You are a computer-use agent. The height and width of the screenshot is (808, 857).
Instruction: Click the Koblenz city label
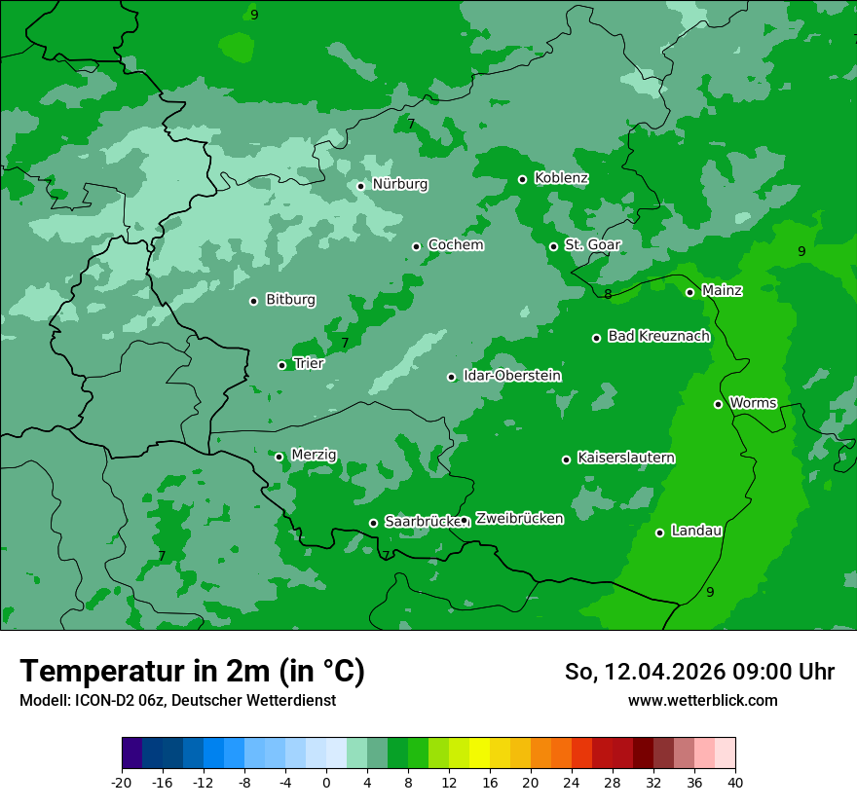pos(561,178)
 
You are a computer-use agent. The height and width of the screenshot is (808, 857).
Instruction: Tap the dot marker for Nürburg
pos(360,186)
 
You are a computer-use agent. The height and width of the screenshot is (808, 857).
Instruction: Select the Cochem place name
pos(455,245)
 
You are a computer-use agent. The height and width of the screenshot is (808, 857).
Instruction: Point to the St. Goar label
pos(592,245)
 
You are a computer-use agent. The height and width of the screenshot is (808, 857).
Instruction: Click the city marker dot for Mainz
pos(689,292)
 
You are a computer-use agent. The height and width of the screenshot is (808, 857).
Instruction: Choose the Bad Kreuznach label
pos(658,336)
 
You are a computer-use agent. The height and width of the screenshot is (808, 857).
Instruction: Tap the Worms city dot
pos(718,404)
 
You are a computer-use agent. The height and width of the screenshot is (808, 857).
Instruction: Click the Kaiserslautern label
pos(625,458)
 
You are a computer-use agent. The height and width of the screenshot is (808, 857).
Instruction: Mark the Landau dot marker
pos(659,533)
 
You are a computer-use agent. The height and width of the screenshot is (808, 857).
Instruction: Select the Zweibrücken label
pos(519,519)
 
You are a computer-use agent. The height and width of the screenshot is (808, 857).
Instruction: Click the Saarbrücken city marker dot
pos(373,523)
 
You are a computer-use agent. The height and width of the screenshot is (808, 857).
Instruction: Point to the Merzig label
pos(314,455)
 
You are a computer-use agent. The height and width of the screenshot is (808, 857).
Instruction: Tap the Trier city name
pos(308,363)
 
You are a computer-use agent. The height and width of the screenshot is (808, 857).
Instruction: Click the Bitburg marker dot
pos(253,301)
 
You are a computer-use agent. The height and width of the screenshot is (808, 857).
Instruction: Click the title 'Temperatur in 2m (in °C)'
pos(192,671)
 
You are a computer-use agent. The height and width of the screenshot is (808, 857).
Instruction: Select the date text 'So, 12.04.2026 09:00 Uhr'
pos(699,672)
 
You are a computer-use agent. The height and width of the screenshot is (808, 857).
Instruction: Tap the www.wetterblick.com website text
pos(702,701)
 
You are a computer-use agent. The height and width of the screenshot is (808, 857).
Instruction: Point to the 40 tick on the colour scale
pos(735,783)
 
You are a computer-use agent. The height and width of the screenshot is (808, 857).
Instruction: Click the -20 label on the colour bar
pos(122,783)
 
